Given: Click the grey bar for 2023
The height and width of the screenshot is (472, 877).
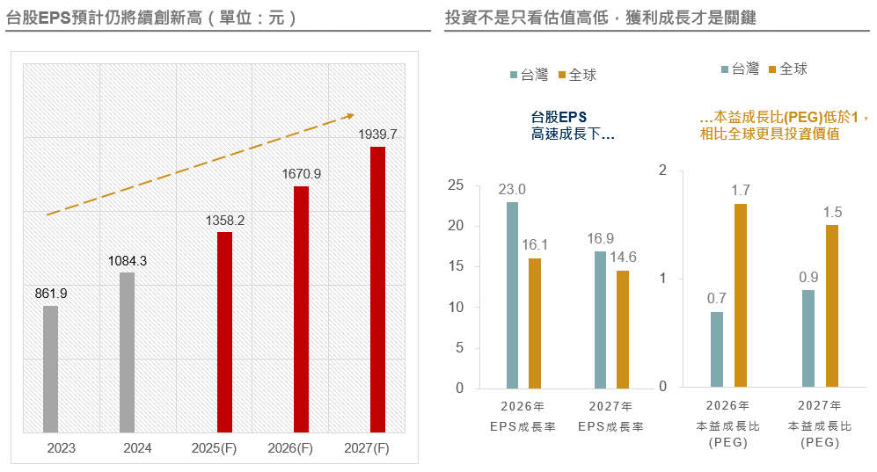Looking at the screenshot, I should (50, 369).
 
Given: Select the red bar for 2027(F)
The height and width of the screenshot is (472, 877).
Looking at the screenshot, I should (377, 289).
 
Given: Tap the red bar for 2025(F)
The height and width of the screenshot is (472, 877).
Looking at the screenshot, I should (225, 332).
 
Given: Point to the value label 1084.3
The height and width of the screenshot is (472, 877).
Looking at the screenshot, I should (128, 261).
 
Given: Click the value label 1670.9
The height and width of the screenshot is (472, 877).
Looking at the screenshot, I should (302, 174).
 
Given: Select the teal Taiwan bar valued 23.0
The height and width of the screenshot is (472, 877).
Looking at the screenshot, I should (513, 295).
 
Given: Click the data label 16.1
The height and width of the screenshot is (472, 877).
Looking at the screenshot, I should (535, 245).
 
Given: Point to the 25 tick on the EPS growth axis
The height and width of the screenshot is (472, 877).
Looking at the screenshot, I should (455, 185).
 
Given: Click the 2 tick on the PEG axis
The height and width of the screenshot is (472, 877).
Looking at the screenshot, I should (663, 170).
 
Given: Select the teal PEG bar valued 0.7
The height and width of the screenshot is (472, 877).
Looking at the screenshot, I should (717, 350).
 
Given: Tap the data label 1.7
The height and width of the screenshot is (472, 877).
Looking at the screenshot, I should (741, 190).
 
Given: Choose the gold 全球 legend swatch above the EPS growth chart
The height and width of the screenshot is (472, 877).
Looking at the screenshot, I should (563, 76).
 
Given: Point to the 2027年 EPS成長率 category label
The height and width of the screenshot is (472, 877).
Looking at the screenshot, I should (611, 417).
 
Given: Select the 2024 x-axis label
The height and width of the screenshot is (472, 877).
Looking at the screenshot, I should (137, 448).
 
